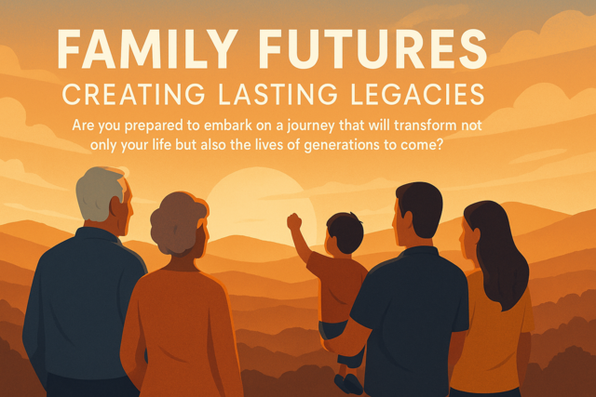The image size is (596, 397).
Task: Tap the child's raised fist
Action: tap(294, 221)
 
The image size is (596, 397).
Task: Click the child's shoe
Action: tap(346, 382)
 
